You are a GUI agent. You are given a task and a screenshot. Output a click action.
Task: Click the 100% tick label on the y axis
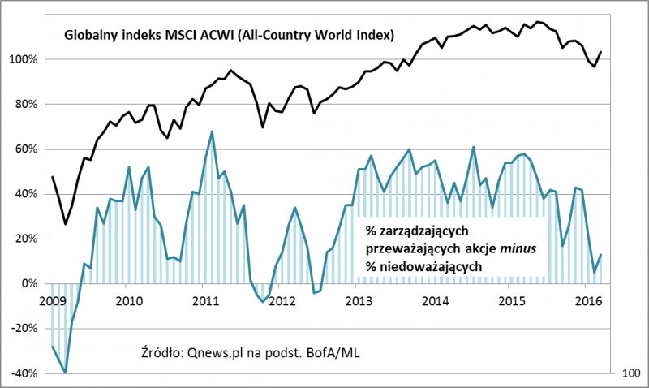pyautogui.click(x=24, y=59)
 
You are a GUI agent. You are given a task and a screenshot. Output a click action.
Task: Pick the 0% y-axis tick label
pyautogui.click(x=30, y=283)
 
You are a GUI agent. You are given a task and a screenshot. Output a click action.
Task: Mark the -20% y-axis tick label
pyautogui.click(x=25, y=329)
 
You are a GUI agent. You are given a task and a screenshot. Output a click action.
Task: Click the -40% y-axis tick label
pyautogui.click(x=25, y=373)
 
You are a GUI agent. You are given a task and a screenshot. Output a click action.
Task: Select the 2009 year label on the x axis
pyautogui.click(x=51, y=302)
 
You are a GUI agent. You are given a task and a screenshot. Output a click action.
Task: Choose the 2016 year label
pyautogui.click(x=587, y=302)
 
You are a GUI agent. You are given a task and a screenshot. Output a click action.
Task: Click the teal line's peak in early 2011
pyautogui.click(x=212, y=131)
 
